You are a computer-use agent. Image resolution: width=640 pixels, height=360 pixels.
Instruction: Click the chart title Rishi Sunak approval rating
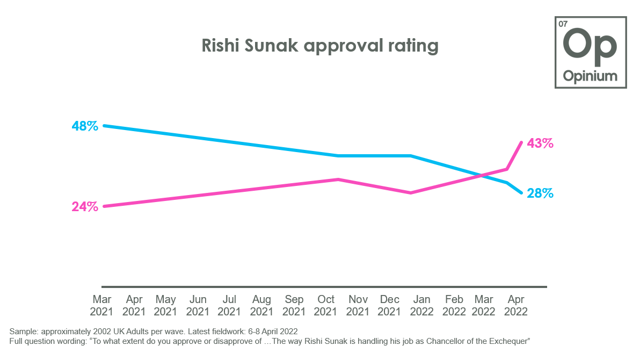point(320,46)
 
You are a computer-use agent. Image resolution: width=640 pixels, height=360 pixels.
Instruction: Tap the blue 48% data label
point(85,126)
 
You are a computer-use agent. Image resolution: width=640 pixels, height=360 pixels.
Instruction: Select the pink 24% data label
point(85,207)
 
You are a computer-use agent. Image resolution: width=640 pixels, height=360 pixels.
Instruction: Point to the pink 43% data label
point(540,143)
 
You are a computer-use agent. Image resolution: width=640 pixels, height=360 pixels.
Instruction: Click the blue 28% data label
point(540,193)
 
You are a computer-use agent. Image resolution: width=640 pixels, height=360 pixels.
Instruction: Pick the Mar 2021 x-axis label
point(101,305)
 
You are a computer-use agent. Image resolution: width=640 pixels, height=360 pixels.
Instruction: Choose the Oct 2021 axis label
point(326,305)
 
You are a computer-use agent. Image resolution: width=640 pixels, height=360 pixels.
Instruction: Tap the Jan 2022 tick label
point(422,305)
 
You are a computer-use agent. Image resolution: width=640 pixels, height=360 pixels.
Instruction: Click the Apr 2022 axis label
point(516,305)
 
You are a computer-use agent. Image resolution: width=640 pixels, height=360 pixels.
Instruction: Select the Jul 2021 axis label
point(229,305)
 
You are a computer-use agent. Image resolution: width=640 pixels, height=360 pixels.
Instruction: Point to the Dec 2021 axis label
point(390,305)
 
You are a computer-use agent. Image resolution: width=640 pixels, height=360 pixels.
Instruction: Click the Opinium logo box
point(590,52)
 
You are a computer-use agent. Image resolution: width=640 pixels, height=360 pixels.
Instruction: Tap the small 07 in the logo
point(563,24)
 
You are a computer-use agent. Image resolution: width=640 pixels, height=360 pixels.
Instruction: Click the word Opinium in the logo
point(590,76)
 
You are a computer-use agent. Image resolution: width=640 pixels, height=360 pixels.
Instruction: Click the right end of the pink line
point(521,142)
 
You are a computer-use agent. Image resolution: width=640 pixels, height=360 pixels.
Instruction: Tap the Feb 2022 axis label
point(454,305)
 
